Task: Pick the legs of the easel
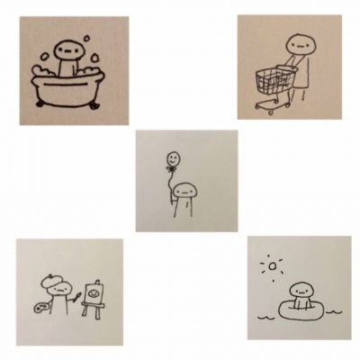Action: coord(90,310)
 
